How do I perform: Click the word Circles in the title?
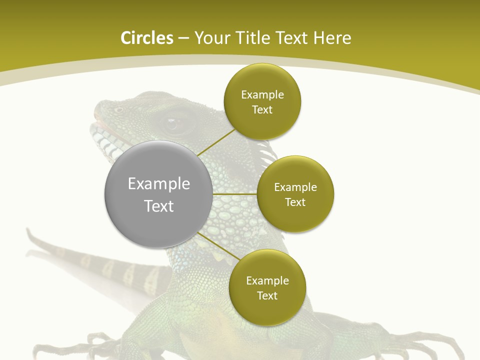pos(146,38)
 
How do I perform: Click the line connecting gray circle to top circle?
pos(216,142)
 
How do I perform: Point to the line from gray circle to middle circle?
pos(235,194)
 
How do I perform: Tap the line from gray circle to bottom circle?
pos(218,245)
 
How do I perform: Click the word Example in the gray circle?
pos(159,184)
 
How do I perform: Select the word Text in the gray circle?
pos(159,206)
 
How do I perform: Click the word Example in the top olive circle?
pos(262,95)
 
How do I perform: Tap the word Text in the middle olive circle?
pos(295,202)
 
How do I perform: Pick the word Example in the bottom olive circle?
pos(267,281)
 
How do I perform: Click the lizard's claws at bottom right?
pos(440,345)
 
